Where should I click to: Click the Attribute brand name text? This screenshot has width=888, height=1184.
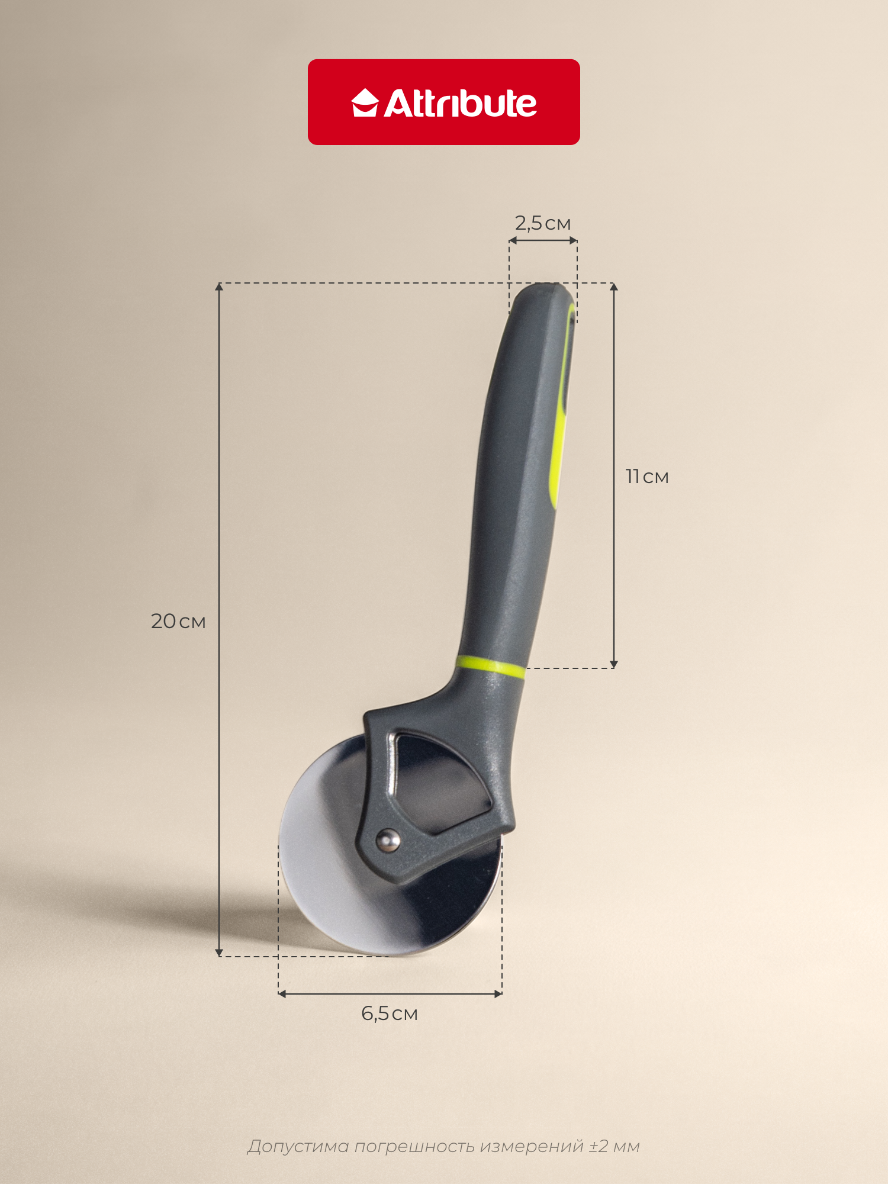click(x=461, y=103)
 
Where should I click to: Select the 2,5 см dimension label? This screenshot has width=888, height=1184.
click(x=543, y=223)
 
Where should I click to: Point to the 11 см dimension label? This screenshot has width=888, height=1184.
click(x=647, y=477)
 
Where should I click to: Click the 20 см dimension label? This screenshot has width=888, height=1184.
click(x=178, y=621)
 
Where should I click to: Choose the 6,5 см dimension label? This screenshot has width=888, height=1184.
click(x=390, y=1014)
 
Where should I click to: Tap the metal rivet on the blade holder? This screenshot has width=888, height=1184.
click(x=388, y=840)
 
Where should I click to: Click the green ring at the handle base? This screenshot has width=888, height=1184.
click(x=491, y=666)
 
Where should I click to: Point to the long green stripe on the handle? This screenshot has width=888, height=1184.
click(x=562, y=408)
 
